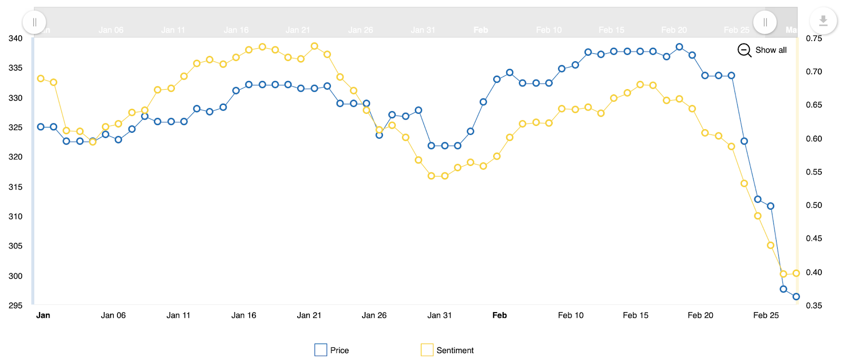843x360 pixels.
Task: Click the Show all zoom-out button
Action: pyautogui.click(x=762, y=50)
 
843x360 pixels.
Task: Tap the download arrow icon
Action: pyautogui.click(x=823, y=21)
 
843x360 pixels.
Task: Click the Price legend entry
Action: pyautogui.click(x=332, y=350)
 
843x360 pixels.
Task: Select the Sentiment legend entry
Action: pyautogui.click(x=447, y=350)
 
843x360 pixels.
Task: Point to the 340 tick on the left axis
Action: pyautogui.click(x=15, y=38)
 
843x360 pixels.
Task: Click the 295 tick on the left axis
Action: pyautogui.click(x=15, y=306)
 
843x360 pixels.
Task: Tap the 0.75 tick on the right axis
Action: pyautogui.click(x=813, y=38)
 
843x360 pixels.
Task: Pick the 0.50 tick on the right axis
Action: pyautogui.click(x=813, y=206)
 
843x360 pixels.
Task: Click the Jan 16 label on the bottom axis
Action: pyautogui.click(x=243, y=315)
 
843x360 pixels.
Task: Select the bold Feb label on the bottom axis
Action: pyautogui.click(x=499, y=315)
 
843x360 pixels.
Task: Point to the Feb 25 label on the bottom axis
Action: pyautogui.click(x=766, y=315)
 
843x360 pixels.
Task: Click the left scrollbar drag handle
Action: pyautogui.click(x=34, y=22)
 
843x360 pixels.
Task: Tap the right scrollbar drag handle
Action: pyautogui.click(x=765, y=22)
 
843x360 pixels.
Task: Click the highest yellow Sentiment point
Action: pyautogui.click(x=315, y=46)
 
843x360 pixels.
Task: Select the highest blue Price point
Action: pyautogui.click(x=679, y=47)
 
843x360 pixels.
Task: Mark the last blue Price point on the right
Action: pyautogui.click(x=796, y=297)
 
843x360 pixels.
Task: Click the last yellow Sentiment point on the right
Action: pyautogui.click(x=796, y=273)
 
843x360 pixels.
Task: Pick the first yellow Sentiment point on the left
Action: pyautogui.click(x=41, y=79)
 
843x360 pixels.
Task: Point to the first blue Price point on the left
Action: pyautogui.click(x=41, y=127)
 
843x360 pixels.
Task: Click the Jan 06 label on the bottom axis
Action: pyautogui.click(x=113, y=315)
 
